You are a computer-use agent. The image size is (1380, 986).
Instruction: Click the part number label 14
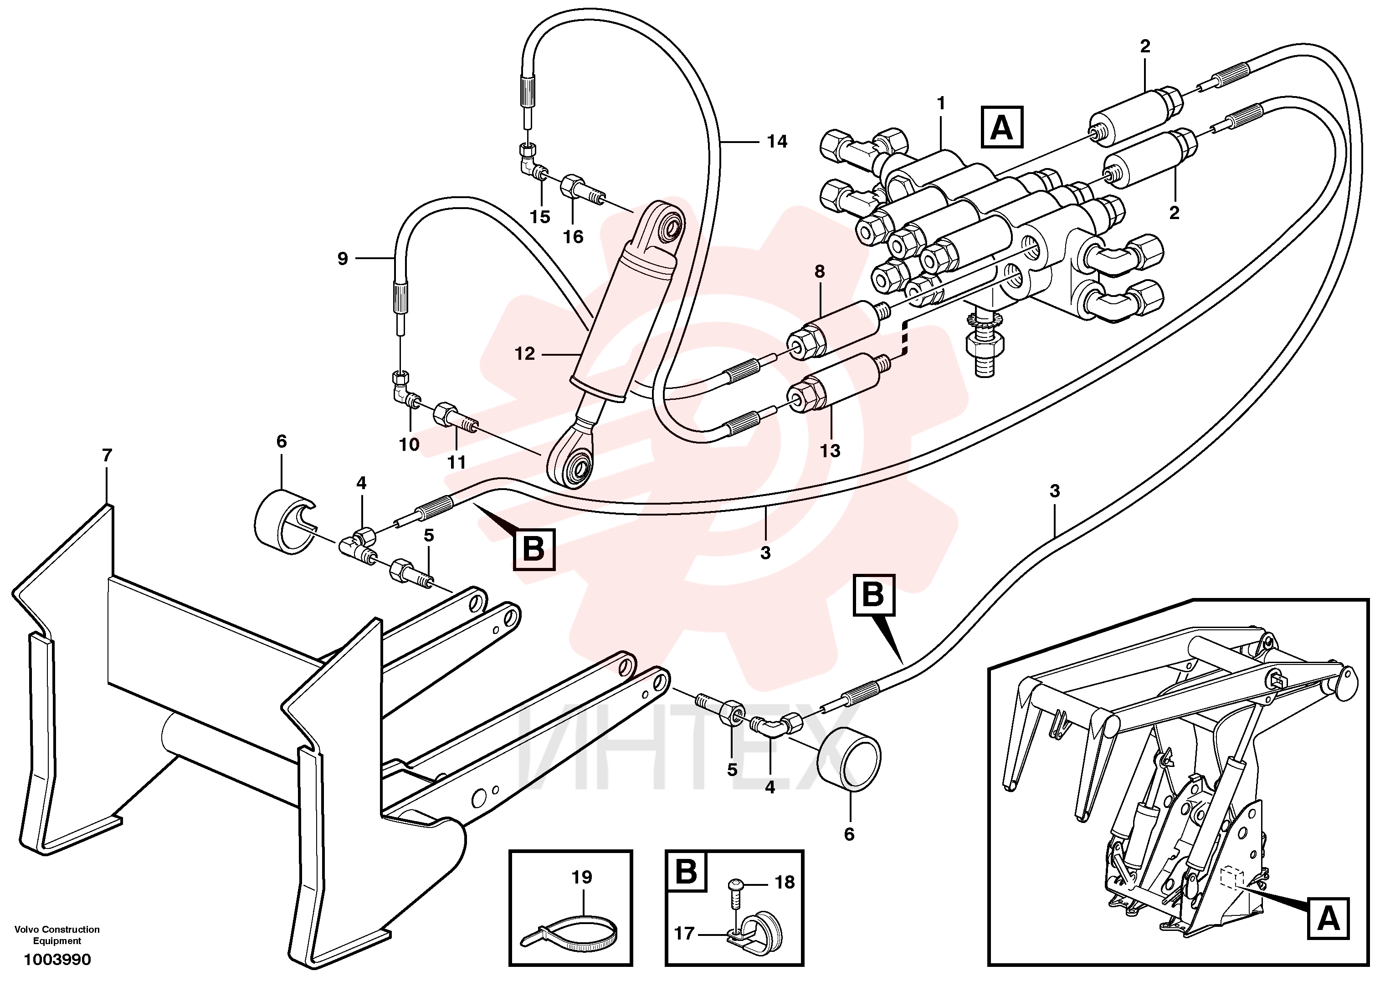777,142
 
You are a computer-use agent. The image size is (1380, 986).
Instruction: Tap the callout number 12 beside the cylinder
525,353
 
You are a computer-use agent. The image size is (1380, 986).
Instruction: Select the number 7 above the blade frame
107,455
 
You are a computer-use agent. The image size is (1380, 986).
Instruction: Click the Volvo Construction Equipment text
57,935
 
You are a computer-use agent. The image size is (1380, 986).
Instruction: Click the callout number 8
820,272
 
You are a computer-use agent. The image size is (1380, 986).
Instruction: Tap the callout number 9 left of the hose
343,259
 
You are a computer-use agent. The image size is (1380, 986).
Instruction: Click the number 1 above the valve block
941,104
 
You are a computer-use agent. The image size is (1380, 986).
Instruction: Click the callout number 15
540,217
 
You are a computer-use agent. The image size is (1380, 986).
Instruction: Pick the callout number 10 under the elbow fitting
410,444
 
